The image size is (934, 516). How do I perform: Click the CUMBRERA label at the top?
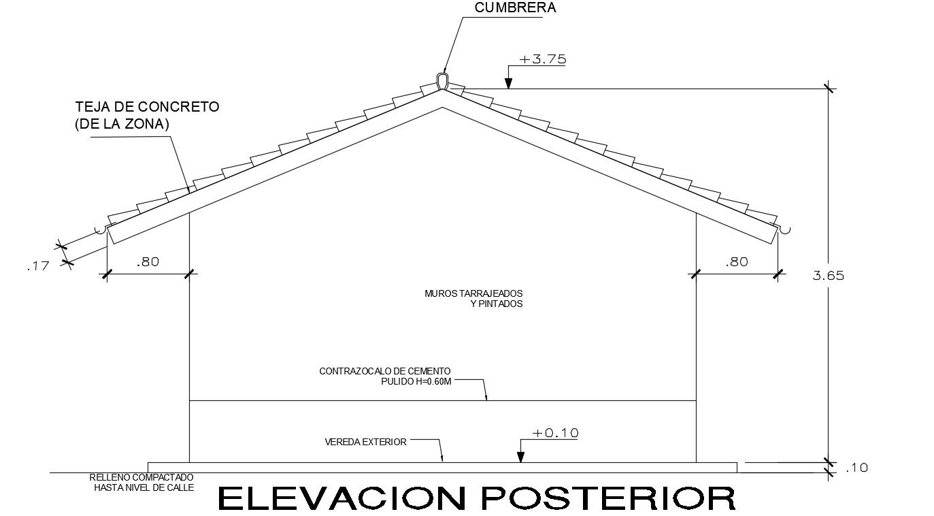(515, 8)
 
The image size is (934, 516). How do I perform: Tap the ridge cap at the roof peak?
(442, 82)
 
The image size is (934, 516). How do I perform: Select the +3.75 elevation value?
(542, 59)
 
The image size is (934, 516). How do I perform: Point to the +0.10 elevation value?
(555, 433)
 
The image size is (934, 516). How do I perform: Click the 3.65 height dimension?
(828, 276)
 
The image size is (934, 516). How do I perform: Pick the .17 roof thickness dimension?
(38, 266)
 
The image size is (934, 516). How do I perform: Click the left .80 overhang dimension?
(148, 261)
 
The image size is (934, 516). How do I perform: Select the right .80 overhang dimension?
(737, 261)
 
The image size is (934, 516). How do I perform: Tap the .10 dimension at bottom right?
(856, 468)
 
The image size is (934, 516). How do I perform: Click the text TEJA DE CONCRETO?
(148, 107)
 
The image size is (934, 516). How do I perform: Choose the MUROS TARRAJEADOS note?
(473, 293)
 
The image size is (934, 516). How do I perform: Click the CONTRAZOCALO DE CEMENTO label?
(385, 371)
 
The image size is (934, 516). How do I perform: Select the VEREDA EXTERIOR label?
(366, 442)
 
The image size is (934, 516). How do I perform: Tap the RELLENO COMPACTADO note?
(141, 478)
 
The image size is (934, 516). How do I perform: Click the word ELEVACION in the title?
(344, 498)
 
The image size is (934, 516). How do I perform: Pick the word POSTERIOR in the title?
(608, 498)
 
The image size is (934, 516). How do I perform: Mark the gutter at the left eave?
(101, 230)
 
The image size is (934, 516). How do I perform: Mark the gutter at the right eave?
(784, 230)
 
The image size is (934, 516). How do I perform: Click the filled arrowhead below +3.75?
(507, 83)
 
